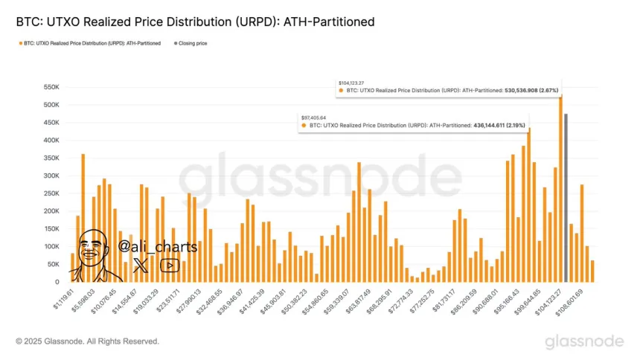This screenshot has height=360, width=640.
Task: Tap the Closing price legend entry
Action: (x=191, y=43)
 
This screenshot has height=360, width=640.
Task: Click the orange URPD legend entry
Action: (x=90, y=43)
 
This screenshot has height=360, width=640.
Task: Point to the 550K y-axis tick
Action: (x=49, y=87)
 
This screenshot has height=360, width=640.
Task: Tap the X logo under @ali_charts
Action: (x=140, y=264)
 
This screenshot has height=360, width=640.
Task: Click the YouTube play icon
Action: (x=170, y=265)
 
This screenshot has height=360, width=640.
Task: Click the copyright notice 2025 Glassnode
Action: (x=88, y=341)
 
